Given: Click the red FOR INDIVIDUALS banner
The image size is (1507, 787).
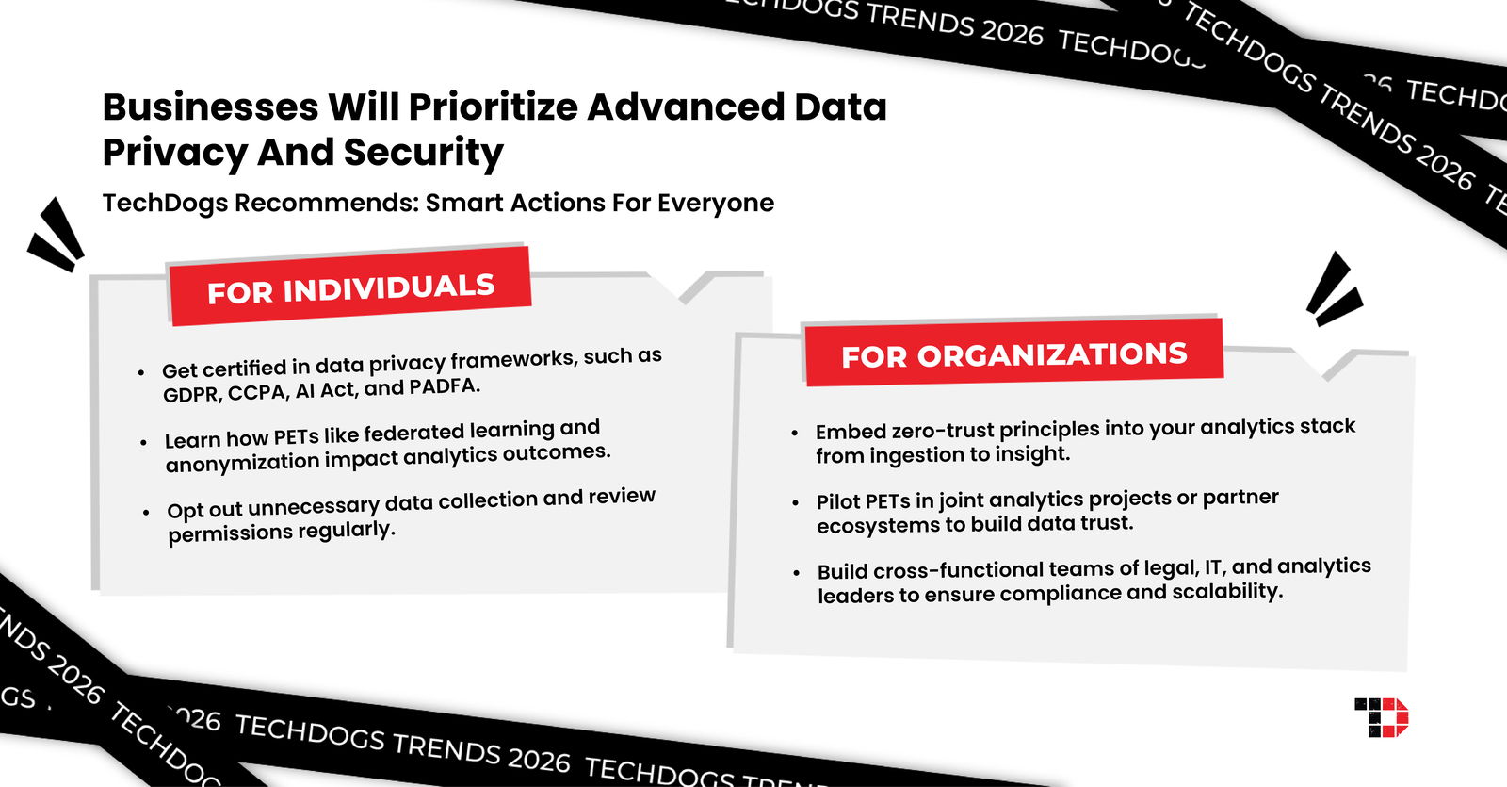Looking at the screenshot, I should [350, 287].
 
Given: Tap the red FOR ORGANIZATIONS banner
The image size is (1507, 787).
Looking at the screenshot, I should [1013, 353].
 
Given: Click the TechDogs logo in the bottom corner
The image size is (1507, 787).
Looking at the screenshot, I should [1381, 717].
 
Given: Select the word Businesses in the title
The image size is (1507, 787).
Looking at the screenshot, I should [210, 107].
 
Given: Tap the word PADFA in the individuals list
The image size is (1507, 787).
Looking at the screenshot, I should [444, 386].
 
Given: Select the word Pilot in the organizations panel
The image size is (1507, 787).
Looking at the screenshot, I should [837, 500].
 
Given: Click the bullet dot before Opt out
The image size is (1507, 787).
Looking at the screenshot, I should [146, 513].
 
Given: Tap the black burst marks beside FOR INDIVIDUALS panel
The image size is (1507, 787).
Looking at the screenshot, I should [57, 236].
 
